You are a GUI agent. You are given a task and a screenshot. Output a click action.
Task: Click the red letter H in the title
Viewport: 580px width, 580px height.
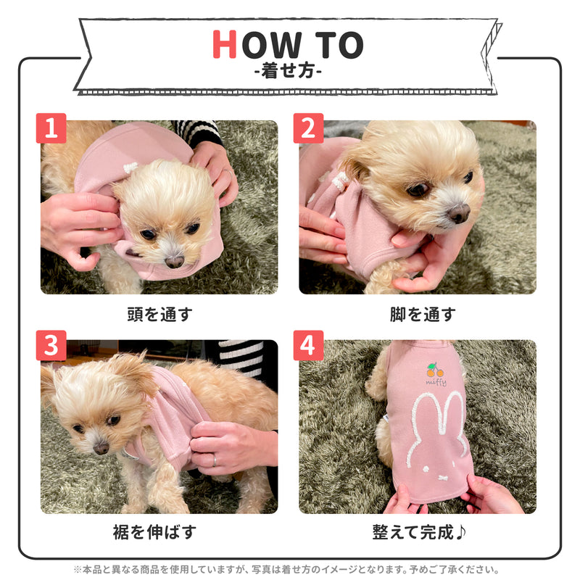[225, 46]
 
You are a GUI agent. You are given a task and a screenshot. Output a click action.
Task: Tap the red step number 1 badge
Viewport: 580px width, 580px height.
[51, 128]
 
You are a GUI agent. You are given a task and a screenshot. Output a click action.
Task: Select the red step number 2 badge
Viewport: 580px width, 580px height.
[308, 128]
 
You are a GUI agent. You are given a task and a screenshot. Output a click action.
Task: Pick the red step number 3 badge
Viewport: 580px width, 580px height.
[51, 346]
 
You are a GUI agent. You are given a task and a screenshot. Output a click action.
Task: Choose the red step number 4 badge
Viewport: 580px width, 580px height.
[308, 346]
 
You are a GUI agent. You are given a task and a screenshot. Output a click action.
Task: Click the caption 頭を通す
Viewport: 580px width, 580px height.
[159, 314]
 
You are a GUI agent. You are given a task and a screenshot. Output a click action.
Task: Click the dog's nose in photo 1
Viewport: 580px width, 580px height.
[174, 262]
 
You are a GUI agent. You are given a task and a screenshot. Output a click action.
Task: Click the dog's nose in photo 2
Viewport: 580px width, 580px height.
[457, 213]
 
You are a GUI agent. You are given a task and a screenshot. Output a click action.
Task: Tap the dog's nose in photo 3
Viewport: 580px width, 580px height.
[101, 448]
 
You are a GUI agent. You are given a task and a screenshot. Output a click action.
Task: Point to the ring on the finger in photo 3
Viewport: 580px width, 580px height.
[214, 460]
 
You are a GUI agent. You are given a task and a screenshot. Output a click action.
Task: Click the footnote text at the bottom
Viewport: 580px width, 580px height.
[290, 570]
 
